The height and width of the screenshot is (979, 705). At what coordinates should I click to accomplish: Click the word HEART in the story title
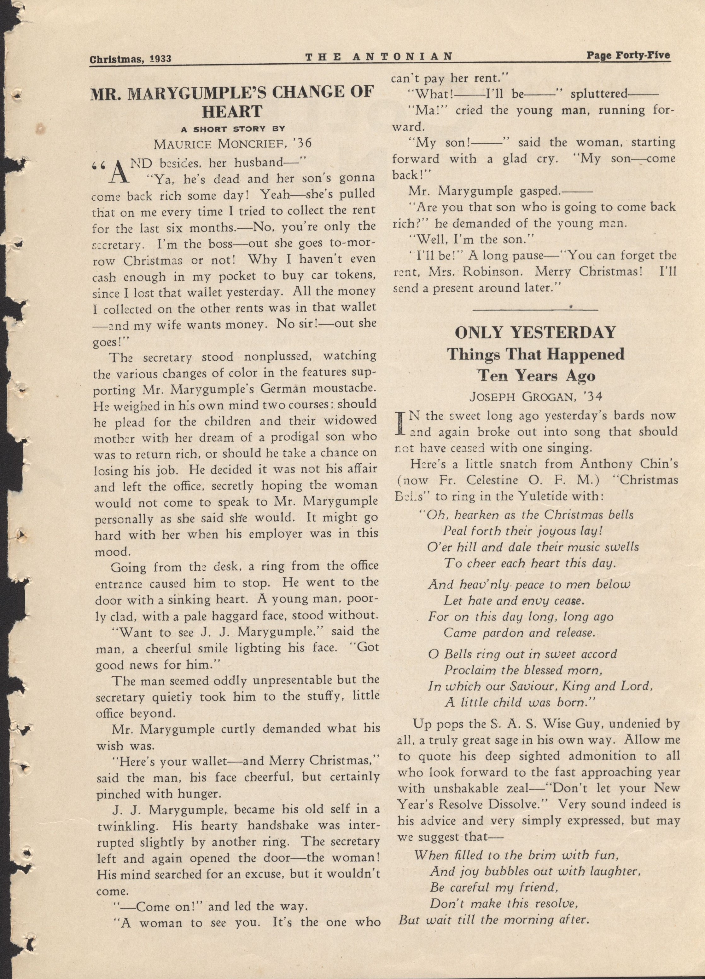[x=232, y=112]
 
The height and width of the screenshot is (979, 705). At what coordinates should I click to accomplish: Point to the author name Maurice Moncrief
[x=232, y=144]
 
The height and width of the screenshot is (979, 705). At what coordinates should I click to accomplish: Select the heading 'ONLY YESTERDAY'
[x=536, y=332]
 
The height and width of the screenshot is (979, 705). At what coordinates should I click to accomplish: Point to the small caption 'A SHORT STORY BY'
[x=233, y=128]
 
